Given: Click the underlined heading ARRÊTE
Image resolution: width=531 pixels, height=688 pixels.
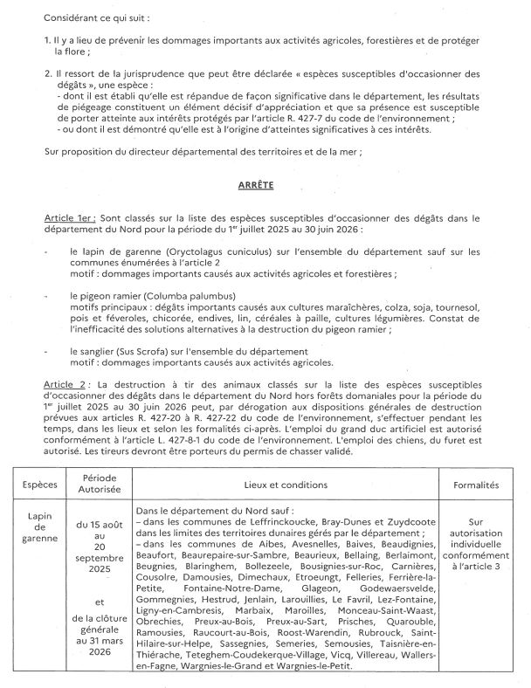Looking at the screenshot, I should (256, 186).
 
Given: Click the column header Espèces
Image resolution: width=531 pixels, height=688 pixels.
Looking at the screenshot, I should (40, 482).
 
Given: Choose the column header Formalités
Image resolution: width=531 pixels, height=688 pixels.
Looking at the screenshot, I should (477, 482).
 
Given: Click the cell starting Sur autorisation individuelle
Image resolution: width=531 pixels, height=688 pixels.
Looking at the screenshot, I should (477, 540).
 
